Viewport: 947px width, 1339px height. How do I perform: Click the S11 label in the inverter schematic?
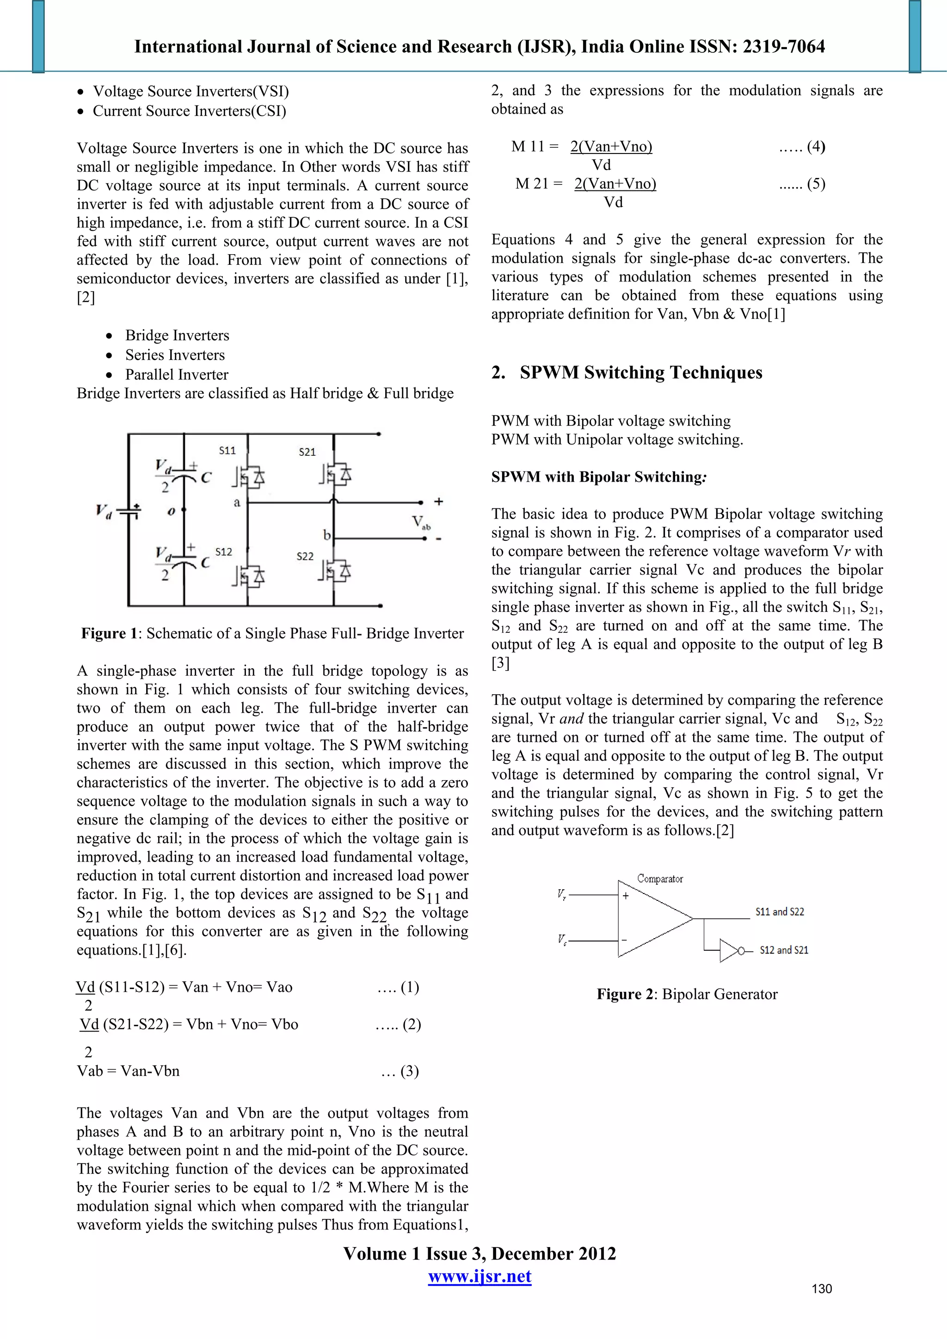pos(227,450)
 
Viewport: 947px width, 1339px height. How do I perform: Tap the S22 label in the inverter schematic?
pos(305,556)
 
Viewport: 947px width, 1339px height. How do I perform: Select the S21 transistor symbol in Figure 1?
pos(335,475)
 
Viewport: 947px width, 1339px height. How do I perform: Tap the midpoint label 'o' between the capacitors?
pos(171,512)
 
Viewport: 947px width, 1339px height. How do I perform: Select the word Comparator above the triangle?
pos(659,878)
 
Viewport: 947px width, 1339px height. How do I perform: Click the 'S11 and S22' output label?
pos(779,911)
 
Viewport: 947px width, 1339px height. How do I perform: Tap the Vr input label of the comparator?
pos(561,894)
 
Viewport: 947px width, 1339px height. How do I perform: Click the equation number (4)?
pos(816,147)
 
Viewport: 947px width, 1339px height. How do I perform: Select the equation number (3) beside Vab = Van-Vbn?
pos(409,1071)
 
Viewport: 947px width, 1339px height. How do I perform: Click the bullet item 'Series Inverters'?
pos(174,355)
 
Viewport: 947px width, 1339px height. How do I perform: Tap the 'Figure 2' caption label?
pos(625,994)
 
